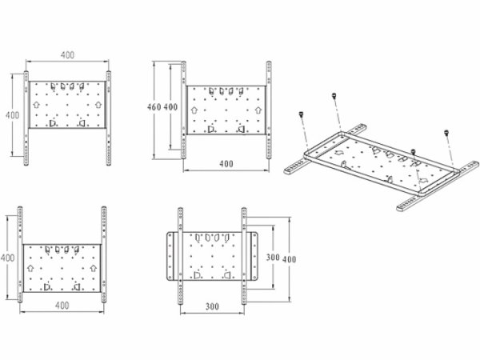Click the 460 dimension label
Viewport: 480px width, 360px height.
click(154, 107)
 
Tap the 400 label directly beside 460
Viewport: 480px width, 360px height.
click(170, 107)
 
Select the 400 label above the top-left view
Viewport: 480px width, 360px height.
click(67, 55)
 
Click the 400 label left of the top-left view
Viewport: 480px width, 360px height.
click(12, 115)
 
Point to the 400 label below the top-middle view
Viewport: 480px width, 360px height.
click(226, 164)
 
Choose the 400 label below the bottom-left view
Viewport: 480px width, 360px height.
click(62, 306)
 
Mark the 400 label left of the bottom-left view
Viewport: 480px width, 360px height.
click(7, 258)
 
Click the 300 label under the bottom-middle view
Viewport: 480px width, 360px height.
click(212, 306)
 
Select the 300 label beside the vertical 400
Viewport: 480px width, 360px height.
click(273, 257)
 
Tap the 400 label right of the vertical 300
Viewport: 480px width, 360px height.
click(289, 259)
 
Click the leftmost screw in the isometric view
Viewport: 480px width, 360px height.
click(302, 114)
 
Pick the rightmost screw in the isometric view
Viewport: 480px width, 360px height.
click(446, 133)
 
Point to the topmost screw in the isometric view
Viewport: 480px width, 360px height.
click(334, 95)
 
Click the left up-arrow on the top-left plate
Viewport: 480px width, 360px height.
click(36, 105)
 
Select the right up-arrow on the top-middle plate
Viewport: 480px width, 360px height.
click(258, 110)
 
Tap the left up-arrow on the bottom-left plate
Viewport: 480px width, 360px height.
click(30, 268)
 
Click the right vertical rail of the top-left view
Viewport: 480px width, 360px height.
click(108, 118)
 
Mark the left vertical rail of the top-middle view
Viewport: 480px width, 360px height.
click(183, 110)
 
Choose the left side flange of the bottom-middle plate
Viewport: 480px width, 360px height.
click(170, 256)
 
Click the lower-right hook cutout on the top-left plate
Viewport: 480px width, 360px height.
click(82, 123)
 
